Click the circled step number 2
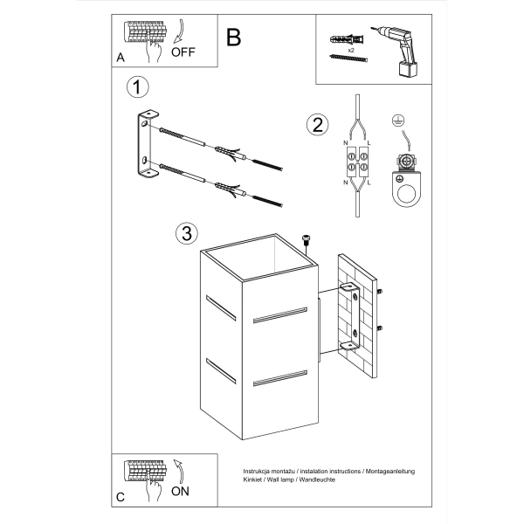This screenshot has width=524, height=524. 316,125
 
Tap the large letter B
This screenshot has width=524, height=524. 233,38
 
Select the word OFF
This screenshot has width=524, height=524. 183,52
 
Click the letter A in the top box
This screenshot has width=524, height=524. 121,57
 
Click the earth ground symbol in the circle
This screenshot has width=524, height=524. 400,123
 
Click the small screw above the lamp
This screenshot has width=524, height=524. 306,239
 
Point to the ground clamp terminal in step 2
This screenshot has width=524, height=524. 404,175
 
